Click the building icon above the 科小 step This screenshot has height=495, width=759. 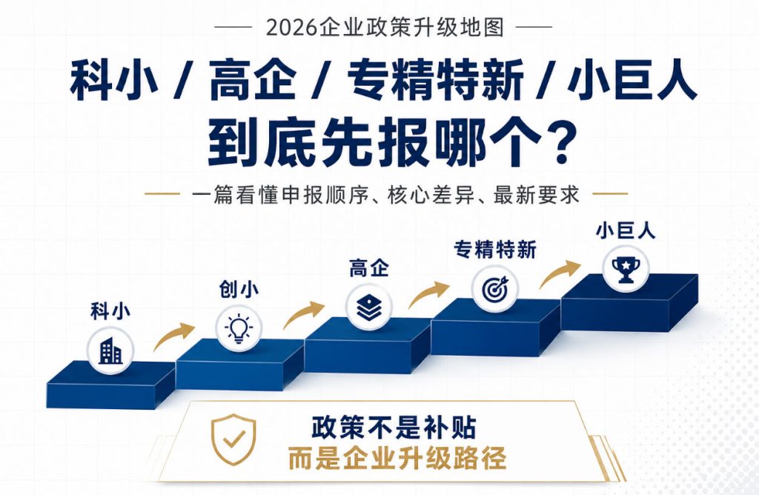[x=110, y=351]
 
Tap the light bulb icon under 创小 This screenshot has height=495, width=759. [x=238, y=329]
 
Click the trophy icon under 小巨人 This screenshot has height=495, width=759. [x=626, y=270]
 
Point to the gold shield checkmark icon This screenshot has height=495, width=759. [x=233, y=440]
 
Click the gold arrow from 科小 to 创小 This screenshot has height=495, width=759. [x=173, y=336]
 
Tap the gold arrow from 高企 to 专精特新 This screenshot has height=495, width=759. [x=429, y=294]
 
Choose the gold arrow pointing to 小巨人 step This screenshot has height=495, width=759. [x=560, y=274]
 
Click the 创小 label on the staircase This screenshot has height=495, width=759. [x=239, y=289]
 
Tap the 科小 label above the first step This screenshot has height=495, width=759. [x=110, y=310]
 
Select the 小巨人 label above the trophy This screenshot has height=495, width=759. [x=626, y=230]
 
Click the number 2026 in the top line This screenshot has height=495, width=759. [x=292, y=27]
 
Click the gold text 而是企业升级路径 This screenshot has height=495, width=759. [x=397, y=458]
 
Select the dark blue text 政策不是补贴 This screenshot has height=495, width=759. [x=394, y=428]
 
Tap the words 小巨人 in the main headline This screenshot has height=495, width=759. [x=633, y=80]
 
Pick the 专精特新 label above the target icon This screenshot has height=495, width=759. [x=495, y=250]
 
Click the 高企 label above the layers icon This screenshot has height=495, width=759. [x=369, y=268]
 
